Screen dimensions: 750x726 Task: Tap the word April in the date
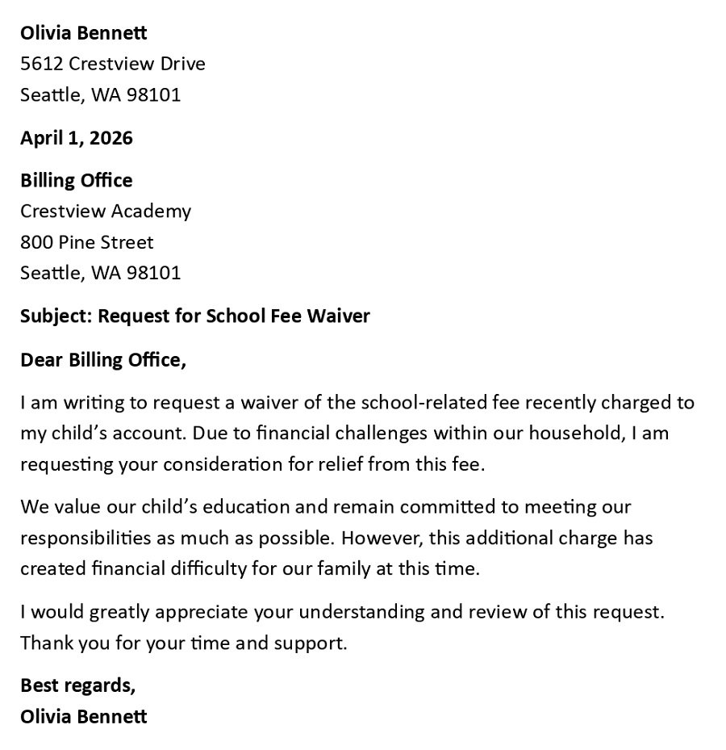(x=41, y=138)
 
